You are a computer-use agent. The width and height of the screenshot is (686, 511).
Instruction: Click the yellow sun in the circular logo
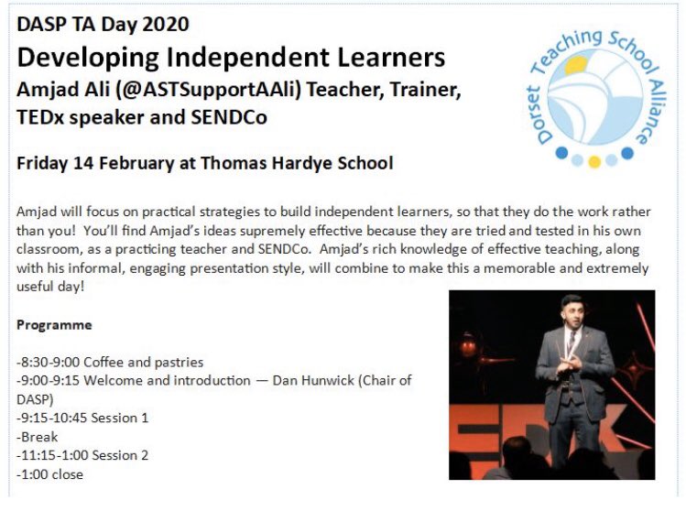pos(574,67)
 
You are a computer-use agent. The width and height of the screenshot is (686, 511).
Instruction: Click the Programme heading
pos(54,325)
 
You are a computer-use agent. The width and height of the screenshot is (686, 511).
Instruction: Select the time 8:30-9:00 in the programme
pos(50,363)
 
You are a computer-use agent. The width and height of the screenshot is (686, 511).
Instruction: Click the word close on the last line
pos(68,474)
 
